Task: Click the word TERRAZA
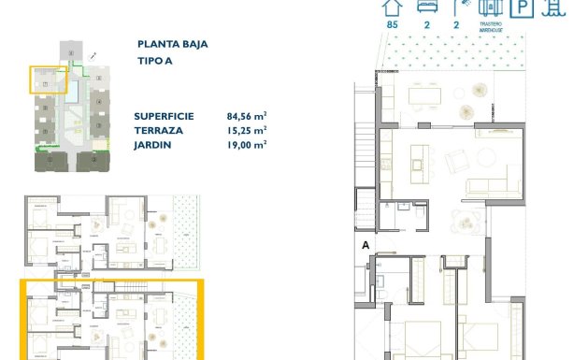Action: (159, 131)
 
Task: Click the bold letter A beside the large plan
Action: (366, 246)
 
